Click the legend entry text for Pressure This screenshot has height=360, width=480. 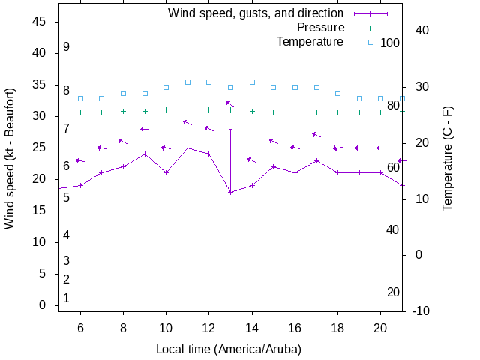320,28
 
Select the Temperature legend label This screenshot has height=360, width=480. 310,42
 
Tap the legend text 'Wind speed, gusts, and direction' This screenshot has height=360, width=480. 255,13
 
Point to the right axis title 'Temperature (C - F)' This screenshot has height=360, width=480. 448,158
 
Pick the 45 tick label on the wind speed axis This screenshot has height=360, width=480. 40,22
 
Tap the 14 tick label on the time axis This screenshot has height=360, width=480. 252,328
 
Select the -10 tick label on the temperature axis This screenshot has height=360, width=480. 421,310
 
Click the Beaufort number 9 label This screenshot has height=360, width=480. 67,47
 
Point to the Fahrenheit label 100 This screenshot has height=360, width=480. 390,43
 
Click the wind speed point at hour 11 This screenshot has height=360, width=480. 187,148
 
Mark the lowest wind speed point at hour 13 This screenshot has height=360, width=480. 230,192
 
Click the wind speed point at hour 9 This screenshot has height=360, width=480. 145,154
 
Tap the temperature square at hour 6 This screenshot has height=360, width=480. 80,98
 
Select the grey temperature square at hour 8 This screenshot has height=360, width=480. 123,93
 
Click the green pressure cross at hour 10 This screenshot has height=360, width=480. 166,110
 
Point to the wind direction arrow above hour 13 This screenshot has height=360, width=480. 230,104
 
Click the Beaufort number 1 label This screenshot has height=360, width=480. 67,298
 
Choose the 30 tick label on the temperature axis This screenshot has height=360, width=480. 418,87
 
